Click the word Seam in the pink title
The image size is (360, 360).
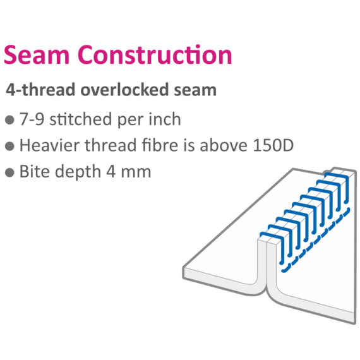tap(37, 55)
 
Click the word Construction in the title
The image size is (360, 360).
tap(155, 55)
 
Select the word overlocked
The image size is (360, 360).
tap(124, 89)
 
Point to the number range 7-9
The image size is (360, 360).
tap(32, 119)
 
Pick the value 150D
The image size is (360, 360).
tap(273, 145)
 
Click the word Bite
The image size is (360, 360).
tap(35, 171)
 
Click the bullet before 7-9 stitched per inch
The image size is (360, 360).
tap(9, 120)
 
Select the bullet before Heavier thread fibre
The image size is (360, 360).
tap(9, 146)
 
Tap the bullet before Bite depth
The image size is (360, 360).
tap(9, 172)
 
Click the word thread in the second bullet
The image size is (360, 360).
tap(111, 145)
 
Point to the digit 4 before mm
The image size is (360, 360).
tap(111, 172)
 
